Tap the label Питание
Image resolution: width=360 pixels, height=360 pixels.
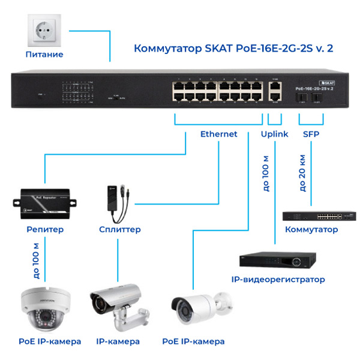(x=44, y=55)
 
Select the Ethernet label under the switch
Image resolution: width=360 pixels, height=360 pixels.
(x=218, y=134)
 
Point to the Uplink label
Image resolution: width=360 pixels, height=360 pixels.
(x=275, y=134)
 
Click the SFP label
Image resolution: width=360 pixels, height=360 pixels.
(x=311, y=134)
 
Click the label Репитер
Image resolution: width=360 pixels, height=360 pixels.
(x=45, y=229)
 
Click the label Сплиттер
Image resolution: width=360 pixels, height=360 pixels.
(x=120, y=229)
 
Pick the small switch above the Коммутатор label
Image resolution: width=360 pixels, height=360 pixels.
(x=311, y=216)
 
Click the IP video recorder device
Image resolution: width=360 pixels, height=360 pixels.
(x=276, y=259)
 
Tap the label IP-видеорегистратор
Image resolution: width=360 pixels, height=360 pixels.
(x=278, y=280)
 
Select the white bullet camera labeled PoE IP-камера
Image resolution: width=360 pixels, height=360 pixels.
(x=195, y=308)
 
